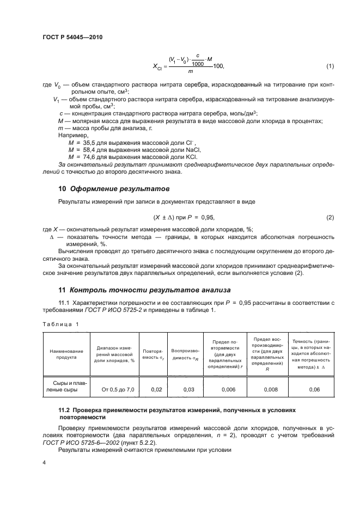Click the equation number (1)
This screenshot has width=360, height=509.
pos(330,66)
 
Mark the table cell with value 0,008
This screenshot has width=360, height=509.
pos(267,390)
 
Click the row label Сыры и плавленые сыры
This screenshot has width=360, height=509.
pos(63,386)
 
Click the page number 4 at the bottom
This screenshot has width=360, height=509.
pos(44,463)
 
